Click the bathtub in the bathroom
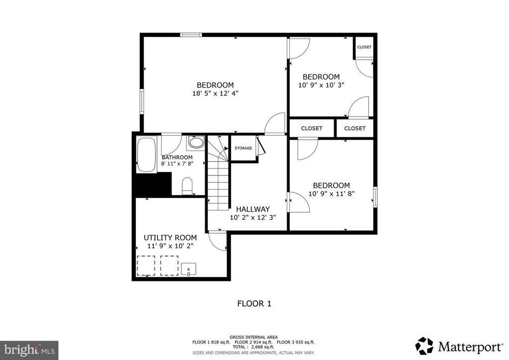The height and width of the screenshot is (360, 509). click(x=146, y=154)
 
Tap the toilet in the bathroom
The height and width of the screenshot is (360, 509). click(x=187, y=186)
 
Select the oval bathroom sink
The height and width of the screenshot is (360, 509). click(x=196, y=144)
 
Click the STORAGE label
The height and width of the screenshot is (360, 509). click(x=243, y=148)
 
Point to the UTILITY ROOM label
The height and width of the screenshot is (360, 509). click(x=170, y=238)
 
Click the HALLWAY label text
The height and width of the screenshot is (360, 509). click(x=253, y=209)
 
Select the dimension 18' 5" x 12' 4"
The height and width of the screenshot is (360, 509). click(x=215, y=93)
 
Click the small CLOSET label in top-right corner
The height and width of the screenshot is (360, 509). click(x=364, y=47)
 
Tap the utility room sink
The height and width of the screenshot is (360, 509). click(x=189, y=270)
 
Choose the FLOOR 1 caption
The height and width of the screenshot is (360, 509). click(x=254, y=303)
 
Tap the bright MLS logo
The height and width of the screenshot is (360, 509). click(x=29, y=350)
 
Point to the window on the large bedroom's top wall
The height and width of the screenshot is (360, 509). click(x=191, y=35)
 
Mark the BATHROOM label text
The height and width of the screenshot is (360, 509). click(x=177, y=157)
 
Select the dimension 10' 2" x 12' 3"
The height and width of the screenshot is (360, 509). click(x=253, y=217)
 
